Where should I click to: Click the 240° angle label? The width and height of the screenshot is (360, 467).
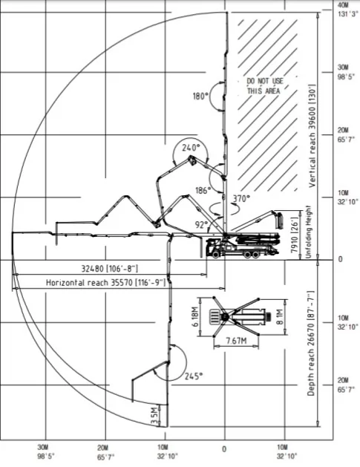pyautogui.click(x=191, y=148)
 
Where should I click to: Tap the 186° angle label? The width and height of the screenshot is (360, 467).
pyautogui.click(x=203, y=190)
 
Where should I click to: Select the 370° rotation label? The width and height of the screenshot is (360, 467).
pyautogui.click(x=241, y=198)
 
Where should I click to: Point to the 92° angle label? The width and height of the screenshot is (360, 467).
pyautogui.click(x=201, y=224)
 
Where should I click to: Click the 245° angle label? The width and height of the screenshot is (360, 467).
pyautogui.click(x=194, y=376)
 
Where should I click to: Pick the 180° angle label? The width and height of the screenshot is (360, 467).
pyautogui.click(x=200, y=97)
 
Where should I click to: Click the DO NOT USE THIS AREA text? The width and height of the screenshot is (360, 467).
pyautogui.click(x=264, y=86)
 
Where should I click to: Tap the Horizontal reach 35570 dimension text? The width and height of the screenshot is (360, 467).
pyautogui.click(x=105, y=282)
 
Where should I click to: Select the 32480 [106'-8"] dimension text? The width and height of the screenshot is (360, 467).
pyautogui.click(x=110, y=269)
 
